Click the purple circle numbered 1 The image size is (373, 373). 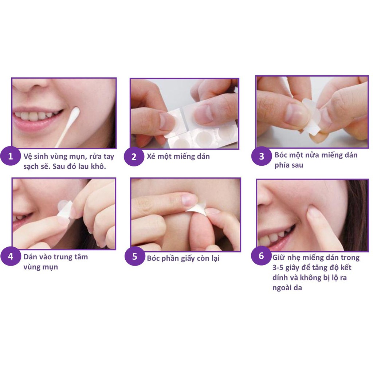10,157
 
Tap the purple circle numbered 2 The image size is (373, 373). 134,157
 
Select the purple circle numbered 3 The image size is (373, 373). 261,156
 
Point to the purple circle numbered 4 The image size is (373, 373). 10,256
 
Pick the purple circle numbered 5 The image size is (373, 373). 134,256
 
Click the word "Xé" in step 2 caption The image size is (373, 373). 152,157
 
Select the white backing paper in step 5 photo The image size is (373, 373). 196,210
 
